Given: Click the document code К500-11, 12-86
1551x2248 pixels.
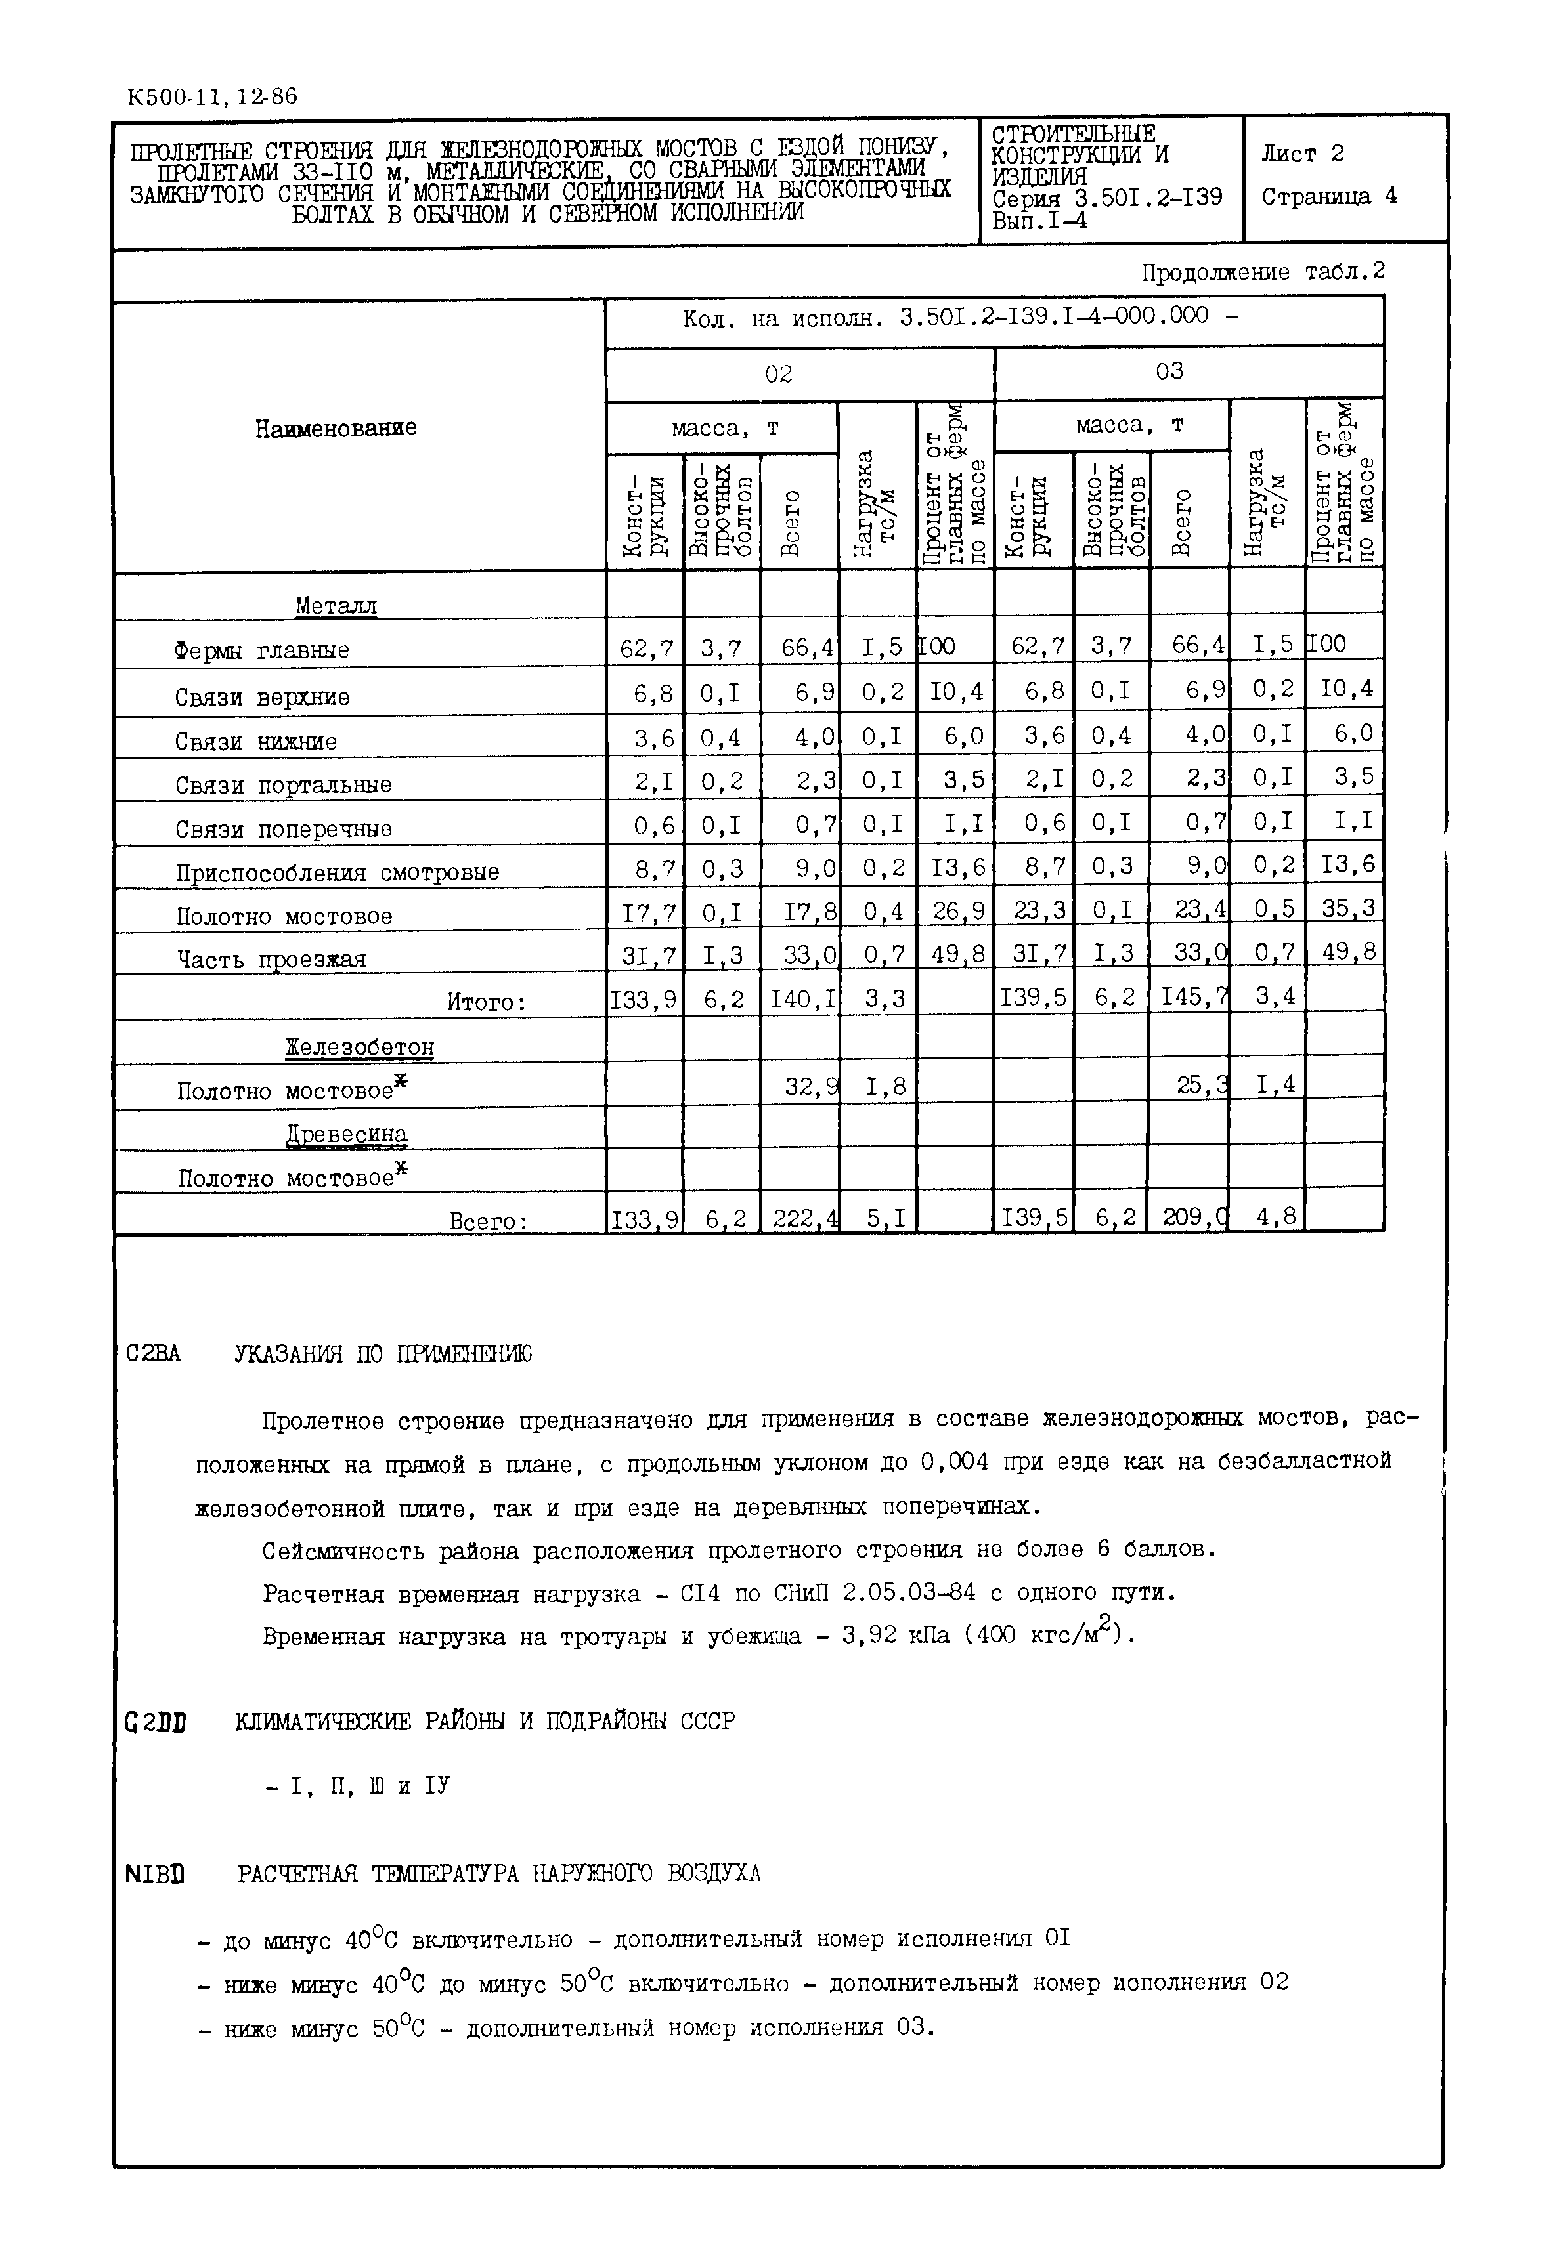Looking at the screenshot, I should point(212,97).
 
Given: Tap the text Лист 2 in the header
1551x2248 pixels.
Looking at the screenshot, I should point(1302,154).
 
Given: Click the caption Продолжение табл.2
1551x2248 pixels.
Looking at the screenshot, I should point(1262,273).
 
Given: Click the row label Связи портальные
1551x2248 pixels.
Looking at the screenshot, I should point(283,785).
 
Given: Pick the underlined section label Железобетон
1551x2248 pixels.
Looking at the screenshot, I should point(360,1048).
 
